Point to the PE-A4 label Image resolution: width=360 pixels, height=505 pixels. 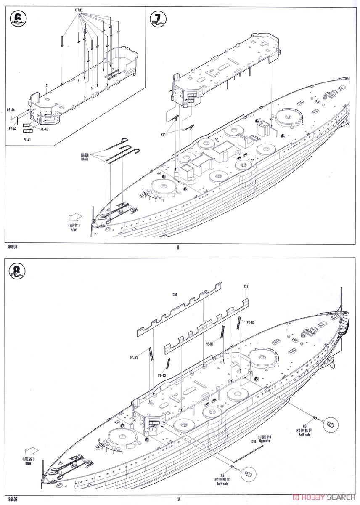pos(11,110)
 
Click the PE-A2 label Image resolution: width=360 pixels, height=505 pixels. pos(12,129)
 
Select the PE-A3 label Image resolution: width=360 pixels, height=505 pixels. pos(44,129)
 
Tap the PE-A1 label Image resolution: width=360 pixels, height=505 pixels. pos(27,139)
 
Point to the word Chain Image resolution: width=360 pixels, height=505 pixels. pos(85,159)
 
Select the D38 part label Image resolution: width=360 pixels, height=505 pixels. pos(246,287)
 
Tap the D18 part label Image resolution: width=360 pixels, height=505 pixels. pos(254,441)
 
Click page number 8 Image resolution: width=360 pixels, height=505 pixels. pos(178,247)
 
